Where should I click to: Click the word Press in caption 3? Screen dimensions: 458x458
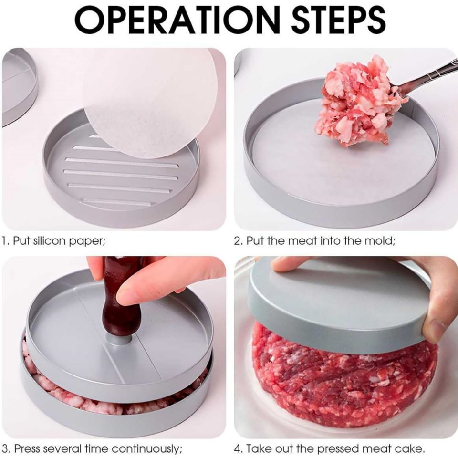(27, 448)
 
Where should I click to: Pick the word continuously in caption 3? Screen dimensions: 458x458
(143, 448)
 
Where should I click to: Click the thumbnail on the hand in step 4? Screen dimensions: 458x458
(437, 330)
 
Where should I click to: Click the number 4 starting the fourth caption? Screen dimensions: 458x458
(237, 448)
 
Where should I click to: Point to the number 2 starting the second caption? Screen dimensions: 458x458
(237, 241)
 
